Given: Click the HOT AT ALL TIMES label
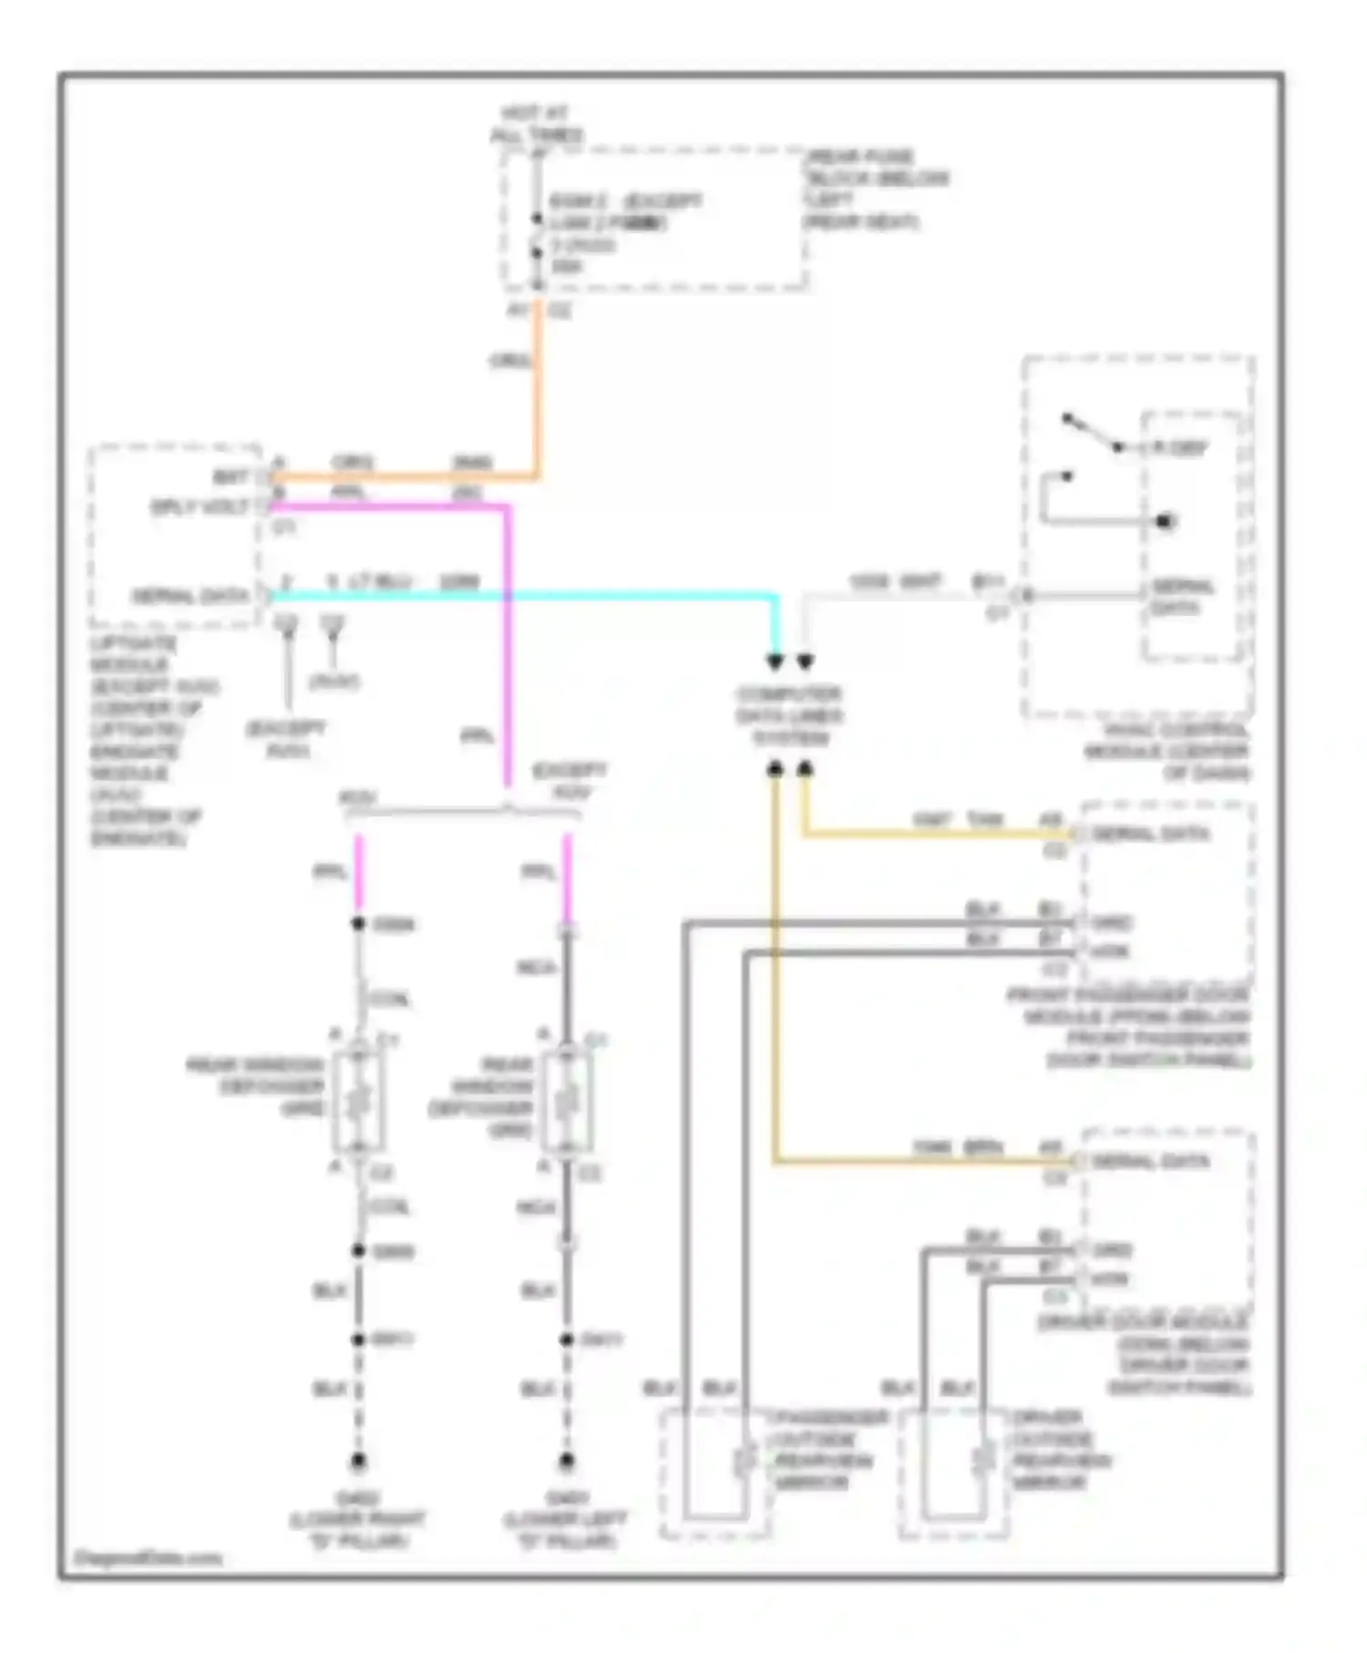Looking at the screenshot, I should click(x=536, y=125).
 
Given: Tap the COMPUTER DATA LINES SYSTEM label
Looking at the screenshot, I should click(x=789, y=716).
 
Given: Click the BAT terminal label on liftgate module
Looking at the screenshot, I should click(x=230, y=477).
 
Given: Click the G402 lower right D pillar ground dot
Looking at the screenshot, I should click(x=358, y=1461).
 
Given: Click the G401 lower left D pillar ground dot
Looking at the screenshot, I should click(x=566, y=1461).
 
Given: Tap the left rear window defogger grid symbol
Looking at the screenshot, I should click(x=358, y=1104).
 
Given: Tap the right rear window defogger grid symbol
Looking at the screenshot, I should click(x=566, y=1104).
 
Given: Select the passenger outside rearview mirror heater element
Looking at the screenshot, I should click(x=745, y=1461).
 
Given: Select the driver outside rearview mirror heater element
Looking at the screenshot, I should click(x=983, y=1461).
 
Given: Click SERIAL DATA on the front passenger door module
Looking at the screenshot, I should click(x=1149, y=834).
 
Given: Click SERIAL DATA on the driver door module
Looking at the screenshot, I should click(x=1149, y=1162).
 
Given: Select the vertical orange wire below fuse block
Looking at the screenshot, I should click(x=538, y=392).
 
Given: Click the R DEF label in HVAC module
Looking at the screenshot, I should click(x=1179, y=447).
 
